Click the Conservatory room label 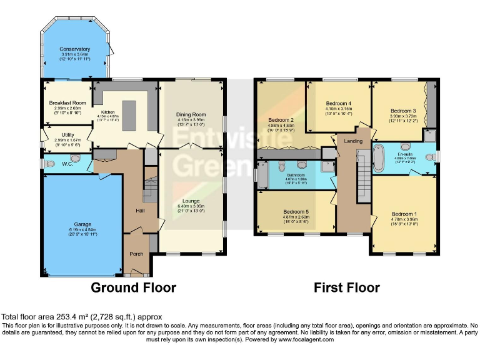(74, 49)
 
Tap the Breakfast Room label (67, 102)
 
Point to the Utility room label (67, 134)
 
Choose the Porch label (136, 254)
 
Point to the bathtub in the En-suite (379, 158)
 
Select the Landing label (353, 141)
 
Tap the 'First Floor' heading (347, 287)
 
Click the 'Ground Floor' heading (133, 287)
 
